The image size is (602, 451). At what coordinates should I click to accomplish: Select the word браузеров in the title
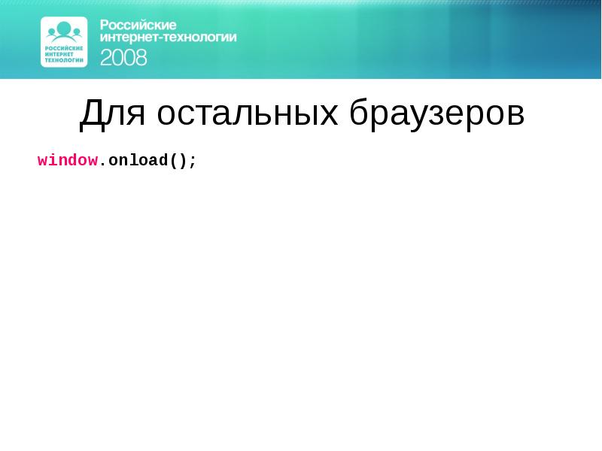(x=436, y=114)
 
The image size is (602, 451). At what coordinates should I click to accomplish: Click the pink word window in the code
(x=68, y=160)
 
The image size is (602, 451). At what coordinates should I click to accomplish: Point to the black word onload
(x=133, y=160)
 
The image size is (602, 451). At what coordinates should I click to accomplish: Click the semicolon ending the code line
(x=193, y=161)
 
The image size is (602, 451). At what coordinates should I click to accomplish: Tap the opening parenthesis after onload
(x=174, y=161)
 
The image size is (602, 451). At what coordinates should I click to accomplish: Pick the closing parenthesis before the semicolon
(x=184, y=161)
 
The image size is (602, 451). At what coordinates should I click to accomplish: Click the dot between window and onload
(x=103, y=162)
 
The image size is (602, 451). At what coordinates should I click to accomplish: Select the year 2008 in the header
(x=124, y=57)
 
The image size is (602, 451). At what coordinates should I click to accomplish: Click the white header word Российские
(x=138, y=25)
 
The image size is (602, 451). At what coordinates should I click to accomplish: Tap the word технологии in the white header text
(x=199, y=37)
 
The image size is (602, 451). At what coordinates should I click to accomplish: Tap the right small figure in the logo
(x=77, y=32)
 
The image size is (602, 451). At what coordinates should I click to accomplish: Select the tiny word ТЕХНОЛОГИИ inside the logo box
(x=64, y=59)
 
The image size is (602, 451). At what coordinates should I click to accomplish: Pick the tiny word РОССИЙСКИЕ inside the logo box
(x=64, y=49)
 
